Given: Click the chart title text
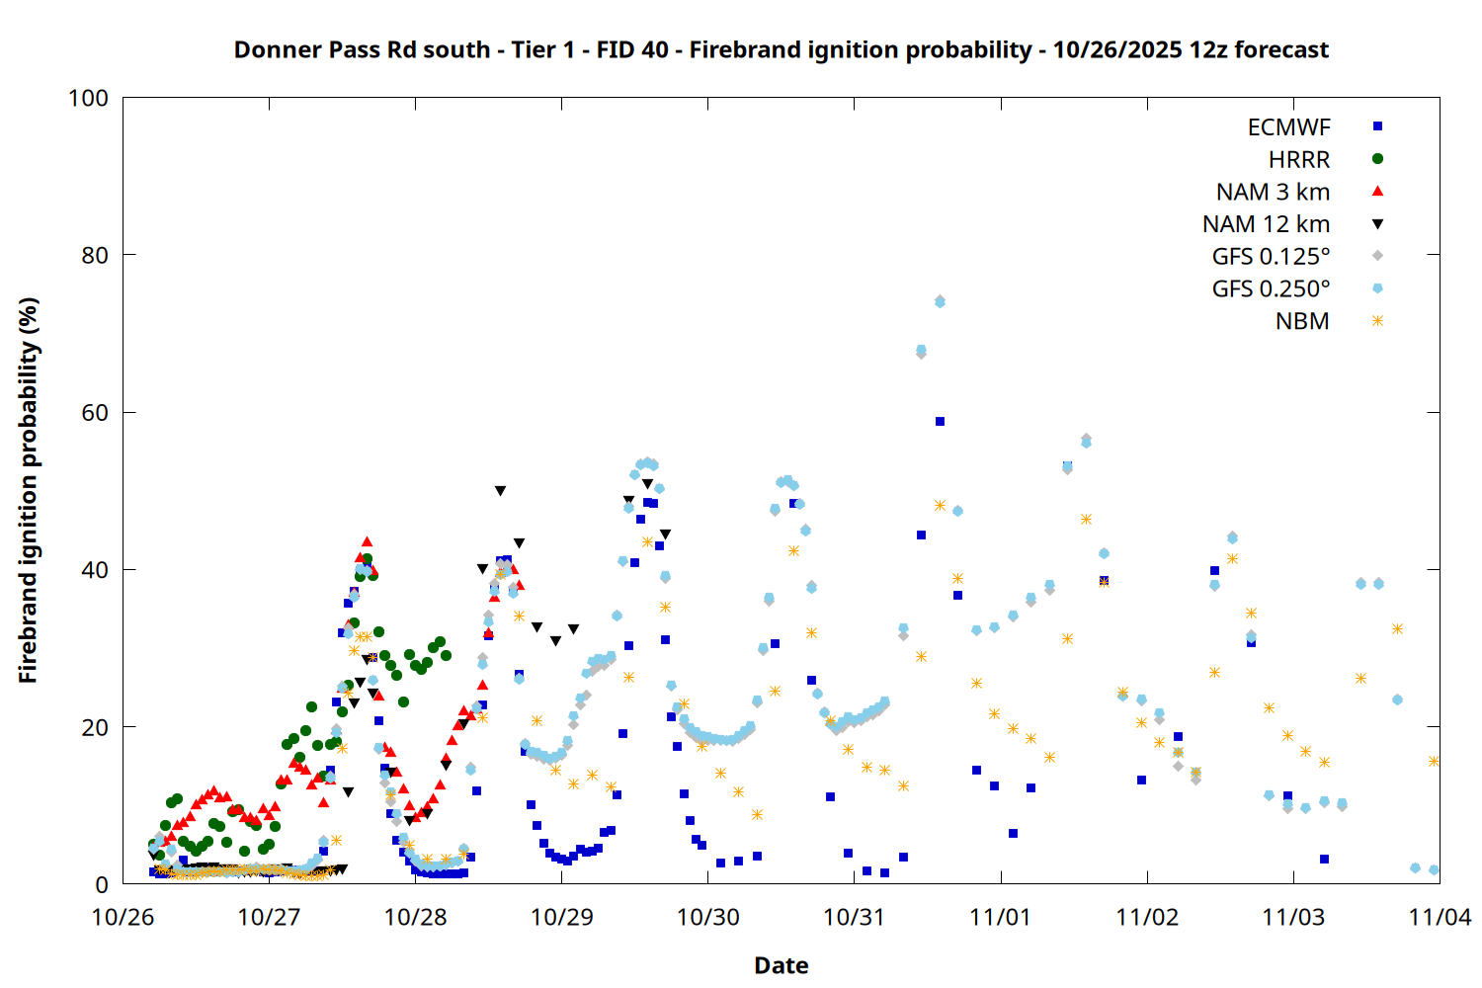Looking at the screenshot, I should pyautogui.click(x=781, y=49).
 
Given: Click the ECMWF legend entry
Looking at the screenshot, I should pyautogui.click(x=1288, y=127).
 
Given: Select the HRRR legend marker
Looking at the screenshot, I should pyautogui.click(x=1377, y=159).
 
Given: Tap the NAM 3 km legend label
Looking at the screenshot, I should pyautogui.click(x=1273, y=192).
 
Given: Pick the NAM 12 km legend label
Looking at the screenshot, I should pyautogui.click(x=1266, y=224).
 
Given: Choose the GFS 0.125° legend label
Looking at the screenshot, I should pyautogui.click(x=1271, y=257).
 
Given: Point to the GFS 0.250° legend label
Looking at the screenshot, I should pyautogui.click(x=1271, y=288).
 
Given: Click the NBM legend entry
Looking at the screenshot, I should pyautogui.click(x=1302, y=321).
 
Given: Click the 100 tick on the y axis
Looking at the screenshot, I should pyautogui.click(x=88, y=98).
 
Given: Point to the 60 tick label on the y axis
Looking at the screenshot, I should pyautogui.click(x=95, y=413).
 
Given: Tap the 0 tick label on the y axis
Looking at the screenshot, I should pyautogui.click(x=102, y=885).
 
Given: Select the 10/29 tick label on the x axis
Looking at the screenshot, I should pyautogui.click(x=561, y=917).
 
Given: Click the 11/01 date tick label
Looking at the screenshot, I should pyautogui.click(x=1001, y=917).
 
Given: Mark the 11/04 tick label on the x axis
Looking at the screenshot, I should pyautogui.click(x=1440, y=917).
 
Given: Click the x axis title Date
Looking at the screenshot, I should pyautogui.click(x=781, y=965).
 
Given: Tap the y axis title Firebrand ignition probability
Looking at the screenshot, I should pyautogui.click(x=28, y=490).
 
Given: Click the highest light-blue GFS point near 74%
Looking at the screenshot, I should pyautogui.click(x=940, y=301).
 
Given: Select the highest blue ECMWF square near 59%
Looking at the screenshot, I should pyautogui.click(x=940, y=422).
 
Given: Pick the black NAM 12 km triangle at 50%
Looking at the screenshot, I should pyautogui.click(x=500, y=491).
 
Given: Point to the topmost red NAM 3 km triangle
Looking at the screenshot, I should pyautogui.click(x=367, y=541).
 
